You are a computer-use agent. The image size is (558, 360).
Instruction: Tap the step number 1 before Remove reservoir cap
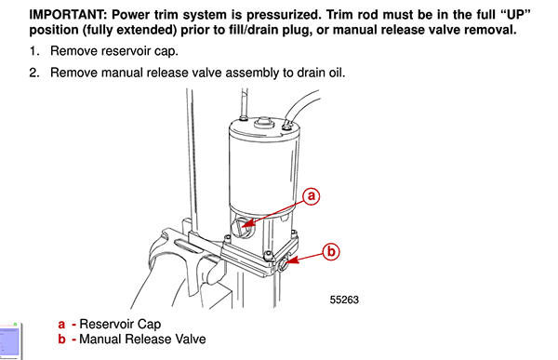pos(35,51)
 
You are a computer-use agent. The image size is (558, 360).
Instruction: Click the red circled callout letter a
pos(313,196)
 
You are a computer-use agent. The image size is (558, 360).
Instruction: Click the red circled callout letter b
pos(333,251)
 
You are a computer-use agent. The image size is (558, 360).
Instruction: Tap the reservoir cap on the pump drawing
pos(244,226)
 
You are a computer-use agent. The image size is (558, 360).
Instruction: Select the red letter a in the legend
pos(61,325)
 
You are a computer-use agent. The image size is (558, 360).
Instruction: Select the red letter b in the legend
pos(61,340)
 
